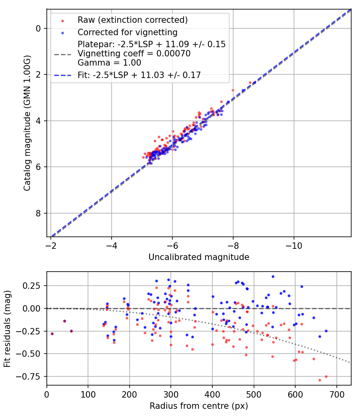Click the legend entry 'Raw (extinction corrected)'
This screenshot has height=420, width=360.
point(132,20)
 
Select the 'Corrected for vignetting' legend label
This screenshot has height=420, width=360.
point(127,32)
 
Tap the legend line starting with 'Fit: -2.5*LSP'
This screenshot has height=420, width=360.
point(139,74)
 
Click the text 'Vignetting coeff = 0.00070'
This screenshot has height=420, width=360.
point(134,54)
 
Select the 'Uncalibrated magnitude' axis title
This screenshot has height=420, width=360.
point(199,257)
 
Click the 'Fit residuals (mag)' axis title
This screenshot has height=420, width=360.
point(7,328)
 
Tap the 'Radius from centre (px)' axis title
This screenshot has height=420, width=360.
point(199,406)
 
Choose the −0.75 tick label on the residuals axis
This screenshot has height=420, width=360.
point(31,376)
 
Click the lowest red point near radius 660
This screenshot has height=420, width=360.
point(320,380)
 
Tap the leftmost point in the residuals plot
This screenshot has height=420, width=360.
point(52,334)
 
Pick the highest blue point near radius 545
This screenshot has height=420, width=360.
point(273,276)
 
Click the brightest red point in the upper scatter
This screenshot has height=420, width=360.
point(250,83)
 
